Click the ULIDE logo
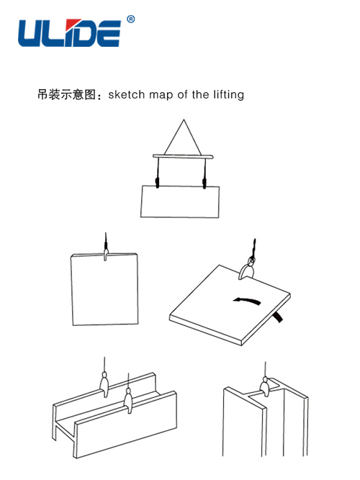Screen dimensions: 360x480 coord(69,33)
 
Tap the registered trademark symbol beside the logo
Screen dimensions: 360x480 coord(130,19)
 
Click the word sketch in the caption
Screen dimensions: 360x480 coord(126,94)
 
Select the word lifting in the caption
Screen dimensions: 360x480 coord(228,94)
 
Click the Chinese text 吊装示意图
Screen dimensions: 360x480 coord(66,94)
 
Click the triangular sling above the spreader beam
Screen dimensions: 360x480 coord(183,137)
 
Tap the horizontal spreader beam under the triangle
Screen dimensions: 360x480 coord(183,156)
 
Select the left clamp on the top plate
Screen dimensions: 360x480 coord(158,183)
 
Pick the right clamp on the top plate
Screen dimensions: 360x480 coord(204,183)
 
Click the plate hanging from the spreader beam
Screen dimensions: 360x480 coord(180,201)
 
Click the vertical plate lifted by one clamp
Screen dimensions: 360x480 coord(104,289)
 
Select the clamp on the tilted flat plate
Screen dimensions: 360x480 coord(246,271)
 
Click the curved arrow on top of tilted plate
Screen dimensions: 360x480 coord(247,300)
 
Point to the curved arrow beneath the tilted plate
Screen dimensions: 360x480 coord(278,317)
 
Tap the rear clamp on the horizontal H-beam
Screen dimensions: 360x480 coord(104,384)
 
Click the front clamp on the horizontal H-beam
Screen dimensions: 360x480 coord(128,400)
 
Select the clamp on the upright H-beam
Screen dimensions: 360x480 coord(265,387)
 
